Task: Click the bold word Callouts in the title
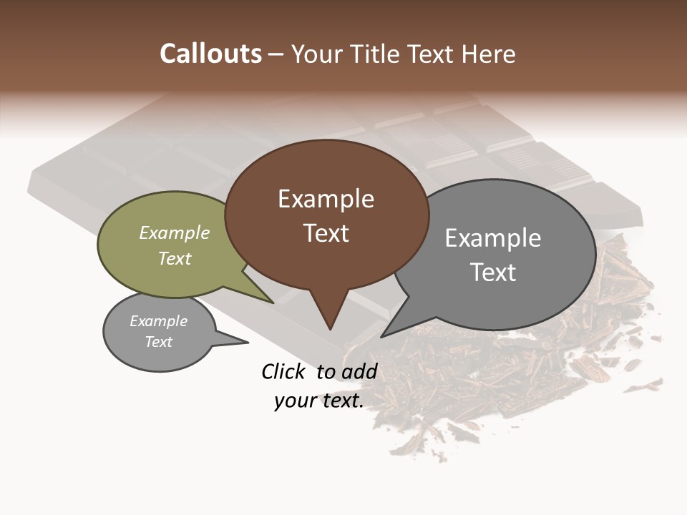click(210, 54)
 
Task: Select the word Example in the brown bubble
click(326, 199)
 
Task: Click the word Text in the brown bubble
click(326, 233)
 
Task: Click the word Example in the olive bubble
click(175, 232)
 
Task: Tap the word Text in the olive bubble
click(175, 258)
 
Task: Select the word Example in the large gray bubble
click(493, 238)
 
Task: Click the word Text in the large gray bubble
click(493, 273)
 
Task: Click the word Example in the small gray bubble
click(158, 321)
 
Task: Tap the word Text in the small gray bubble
click(158, 342)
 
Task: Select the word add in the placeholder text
click(359, 371)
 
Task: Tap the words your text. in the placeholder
click(319, 401)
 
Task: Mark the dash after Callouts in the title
click(276, 54)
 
